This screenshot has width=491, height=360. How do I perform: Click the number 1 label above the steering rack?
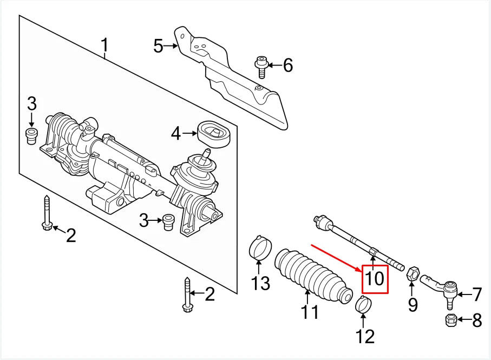tap(105, 48)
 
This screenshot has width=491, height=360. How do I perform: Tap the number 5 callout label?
tap(158, 46)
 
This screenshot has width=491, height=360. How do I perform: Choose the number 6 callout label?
tap(287, 66)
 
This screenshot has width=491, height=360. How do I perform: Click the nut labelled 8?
tap(450, 319)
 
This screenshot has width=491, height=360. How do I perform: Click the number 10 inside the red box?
tap(375, 279)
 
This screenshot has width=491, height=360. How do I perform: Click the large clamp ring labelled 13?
tap(259, 248)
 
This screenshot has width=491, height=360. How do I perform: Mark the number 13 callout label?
tap(260, 283)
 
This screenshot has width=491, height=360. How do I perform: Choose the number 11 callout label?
tap(310, 312)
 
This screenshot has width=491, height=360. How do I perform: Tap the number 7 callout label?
tap(476, 294)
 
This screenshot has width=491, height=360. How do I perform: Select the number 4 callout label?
tap(175, 133)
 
